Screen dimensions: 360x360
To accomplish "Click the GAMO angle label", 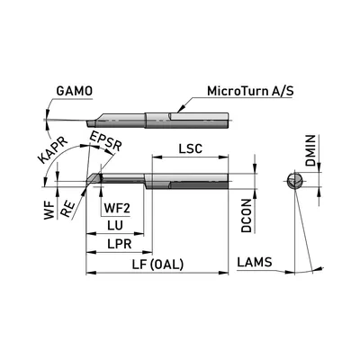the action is (x=75, y=91).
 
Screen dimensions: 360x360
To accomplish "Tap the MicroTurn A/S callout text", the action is (x=250, y=91).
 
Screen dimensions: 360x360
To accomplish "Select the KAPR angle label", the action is (x=53, y=151).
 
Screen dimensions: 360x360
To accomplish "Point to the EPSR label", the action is (x=106, y=141).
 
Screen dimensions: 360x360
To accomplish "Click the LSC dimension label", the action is (x=191, y=148).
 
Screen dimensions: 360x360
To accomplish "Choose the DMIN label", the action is (x=310, y=150).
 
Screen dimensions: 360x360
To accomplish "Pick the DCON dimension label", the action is (x=247, y=216).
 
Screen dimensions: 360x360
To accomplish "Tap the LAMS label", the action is (x=255, y=262).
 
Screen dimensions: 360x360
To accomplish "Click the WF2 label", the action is (x=117, y=208).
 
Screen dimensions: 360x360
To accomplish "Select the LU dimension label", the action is (x=115, y=226).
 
